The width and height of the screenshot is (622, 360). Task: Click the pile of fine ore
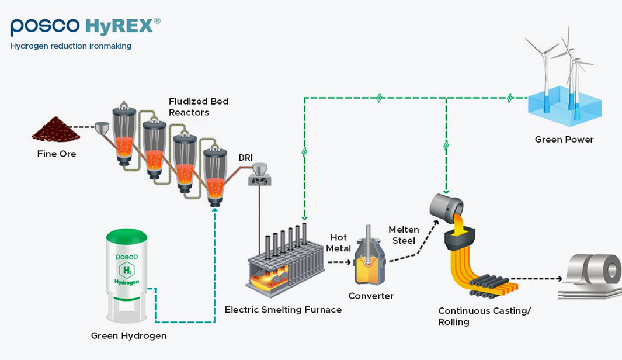(56, 130)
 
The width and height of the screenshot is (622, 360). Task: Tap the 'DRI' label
(245, 158)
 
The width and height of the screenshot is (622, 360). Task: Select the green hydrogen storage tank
(127, 275)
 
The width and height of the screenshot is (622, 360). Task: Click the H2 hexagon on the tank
(127, 271)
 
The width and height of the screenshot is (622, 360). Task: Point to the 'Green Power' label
(564, 139)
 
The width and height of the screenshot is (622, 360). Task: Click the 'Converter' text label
(371, 296)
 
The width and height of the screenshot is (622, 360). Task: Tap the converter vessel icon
(369, 255)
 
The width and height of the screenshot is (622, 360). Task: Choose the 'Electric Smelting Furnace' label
(283, 310)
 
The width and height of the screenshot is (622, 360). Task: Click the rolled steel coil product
(592, 276)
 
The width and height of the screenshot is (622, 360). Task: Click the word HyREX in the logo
(119, 26)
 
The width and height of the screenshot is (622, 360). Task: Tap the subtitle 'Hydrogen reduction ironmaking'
(71, 46)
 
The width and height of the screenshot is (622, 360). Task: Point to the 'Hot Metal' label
(338, 243)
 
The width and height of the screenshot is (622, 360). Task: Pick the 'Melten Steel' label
(404, 235)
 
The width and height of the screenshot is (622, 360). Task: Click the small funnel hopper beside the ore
(102, 128)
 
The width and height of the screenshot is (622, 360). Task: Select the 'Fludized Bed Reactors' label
(199, 107)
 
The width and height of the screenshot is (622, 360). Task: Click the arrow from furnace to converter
(339, 262)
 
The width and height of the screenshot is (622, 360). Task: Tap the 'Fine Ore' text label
(56, 154)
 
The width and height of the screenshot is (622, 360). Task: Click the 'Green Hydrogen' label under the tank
(128, 336)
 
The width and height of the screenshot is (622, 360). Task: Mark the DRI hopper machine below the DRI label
(260, 175)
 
